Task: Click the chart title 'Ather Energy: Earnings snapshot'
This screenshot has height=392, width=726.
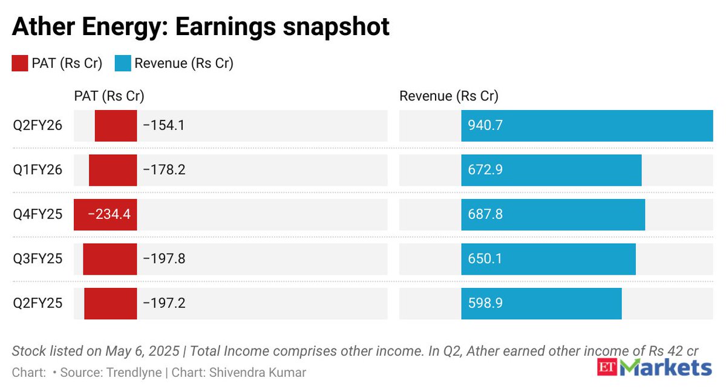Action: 200,27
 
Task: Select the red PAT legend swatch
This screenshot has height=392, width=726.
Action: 20,63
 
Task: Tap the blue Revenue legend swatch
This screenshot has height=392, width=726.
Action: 122,63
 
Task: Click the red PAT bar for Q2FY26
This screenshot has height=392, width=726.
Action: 116,126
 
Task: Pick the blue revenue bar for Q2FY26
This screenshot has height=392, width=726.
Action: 587,126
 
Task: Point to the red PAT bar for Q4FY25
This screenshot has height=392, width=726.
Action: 105,215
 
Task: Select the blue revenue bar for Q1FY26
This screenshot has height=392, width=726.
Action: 551,170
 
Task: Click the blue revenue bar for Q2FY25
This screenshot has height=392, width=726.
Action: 541,303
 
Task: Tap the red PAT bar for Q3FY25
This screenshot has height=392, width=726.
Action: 110,259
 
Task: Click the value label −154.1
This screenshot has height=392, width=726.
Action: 163,126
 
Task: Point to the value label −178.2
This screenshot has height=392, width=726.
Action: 163,170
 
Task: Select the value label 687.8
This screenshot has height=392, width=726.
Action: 485,215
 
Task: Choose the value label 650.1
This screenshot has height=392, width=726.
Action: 485,259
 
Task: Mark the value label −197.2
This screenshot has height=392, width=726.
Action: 163,303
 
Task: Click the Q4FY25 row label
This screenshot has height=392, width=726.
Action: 38,215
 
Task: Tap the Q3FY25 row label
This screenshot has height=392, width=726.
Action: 38,259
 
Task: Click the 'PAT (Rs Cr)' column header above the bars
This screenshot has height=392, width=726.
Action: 109,96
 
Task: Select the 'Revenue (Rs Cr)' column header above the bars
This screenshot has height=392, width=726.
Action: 448,96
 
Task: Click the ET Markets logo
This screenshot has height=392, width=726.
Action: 655,367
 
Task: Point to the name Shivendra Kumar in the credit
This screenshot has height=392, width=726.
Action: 257,373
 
